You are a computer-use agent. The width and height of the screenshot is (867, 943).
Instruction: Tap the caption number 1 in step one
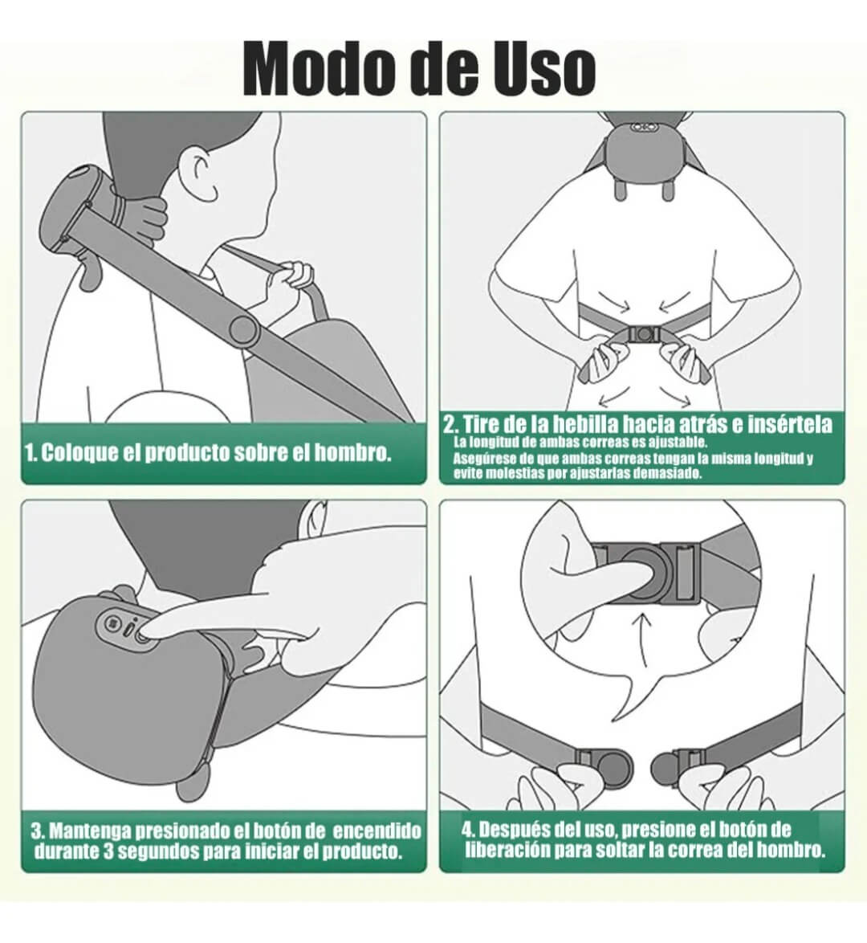[x=31, y=452]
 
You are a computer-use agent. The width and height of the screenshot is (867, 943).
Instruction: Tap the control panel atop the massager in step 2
[x=641, y=127]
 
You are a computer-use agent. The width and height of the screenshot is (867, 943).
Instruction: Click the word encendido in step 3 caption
[x=377, y=829]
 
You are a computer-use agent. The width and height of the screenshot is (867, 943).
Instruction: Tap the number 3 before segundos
[x=110, y=851]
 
